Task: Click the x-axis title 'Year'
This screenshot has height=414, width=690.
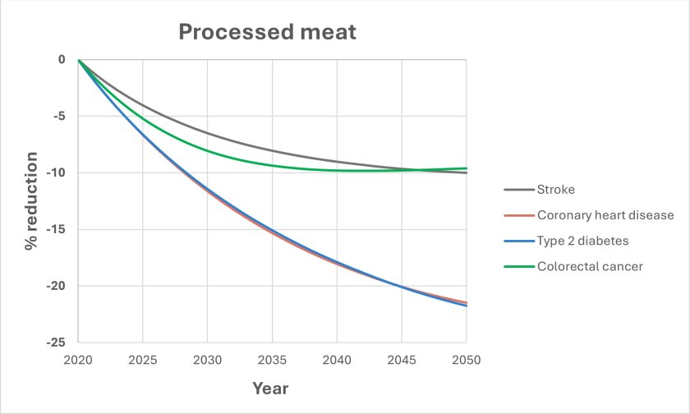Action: point(271,387)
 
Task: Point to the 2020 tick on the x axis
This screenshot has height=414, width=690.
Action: point(78,359)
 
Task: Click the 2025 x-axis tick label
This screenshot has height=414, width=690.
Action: point(143,359)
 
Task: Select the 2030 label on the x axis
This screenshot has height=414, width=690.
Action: point(207,359)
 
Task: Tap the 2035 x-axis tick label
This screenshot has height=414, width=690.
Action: point(272,359)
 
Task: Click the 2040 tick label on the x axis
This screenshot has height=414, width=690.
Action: point(337,359)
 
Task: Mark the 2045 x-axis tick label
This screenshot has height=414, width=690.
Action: point(402,359)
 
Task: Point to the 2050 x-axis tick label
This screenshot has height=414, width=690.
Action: point(466,359)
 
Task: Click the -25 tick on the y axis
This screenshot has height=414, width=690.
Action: point(58,343)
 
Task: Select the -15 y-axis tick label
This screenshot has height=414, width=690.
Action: point(58,229)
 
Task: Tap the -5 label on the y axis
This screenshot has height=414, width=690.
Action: point(61,116)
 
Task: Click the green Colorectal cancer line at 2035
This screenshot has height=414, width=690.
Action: point(272,165)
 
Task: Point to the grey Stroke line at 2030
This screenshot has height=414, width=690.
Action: point(207,133)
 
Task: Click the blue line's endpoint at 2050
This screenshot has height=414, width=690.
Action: point(466,306)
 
